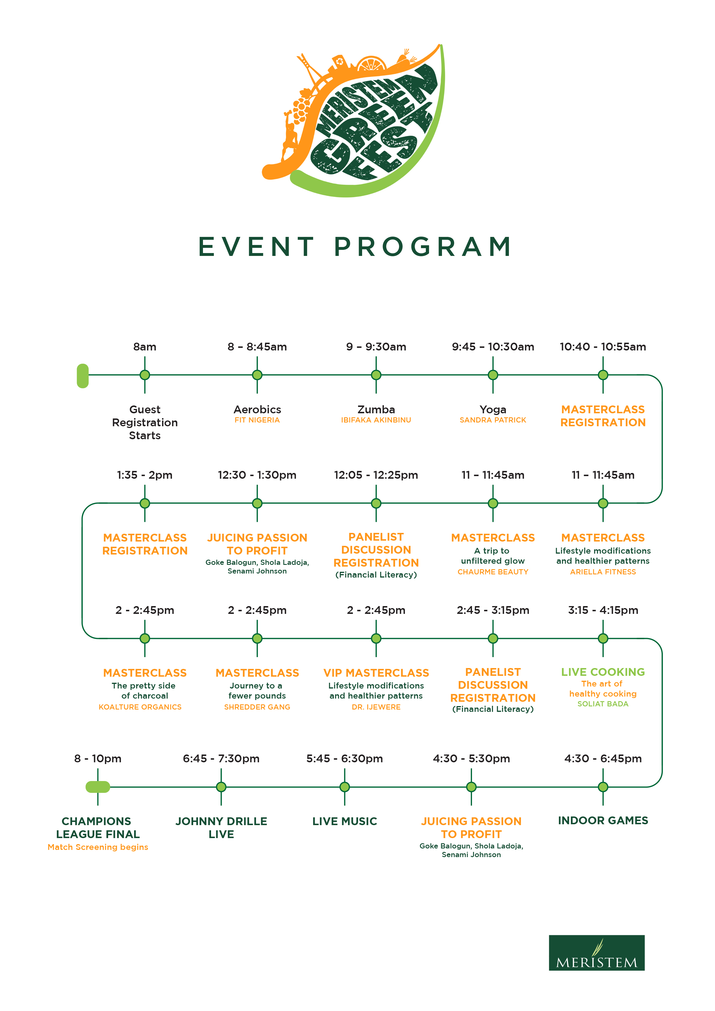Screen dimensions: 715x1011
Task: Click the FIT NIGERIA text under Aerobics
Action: tap(257, 420)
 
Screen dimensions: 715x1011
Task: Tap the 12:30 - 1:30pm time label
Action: tap(257, 475)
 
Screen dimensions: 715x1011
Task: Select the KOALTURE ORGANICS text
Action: tap(140, 707)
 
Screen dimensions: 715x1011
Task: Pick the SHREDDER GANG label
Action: tap(257, 707)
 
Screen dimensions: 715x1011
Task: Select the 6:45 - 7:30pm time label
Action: tap(221, 759)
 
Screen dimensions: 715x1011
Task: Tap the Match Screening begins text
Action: tap(98, 847)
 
